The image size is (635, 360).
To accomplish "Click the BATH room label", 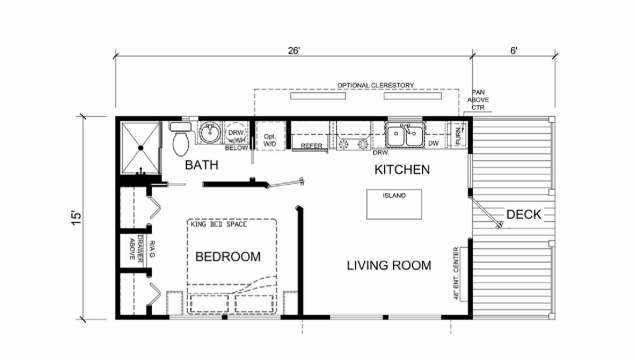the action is pos(202,165).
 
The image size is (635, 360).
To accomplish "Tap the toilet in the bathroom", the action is pos(180,139).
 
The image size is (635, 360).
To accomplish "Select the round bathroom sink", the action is pos(210,132).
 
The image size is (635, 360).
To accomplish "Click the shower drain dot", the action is pos(140,148).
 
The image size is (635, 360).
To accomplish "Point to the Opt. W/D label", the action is pos(269,140).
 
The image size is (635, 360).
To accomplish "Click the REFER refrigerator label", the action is pos(312,146).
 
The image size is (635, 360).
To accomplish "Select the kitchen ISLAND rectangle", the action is pos(394,204).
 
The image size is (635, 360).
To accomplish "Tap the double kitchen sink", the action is pos(404,135).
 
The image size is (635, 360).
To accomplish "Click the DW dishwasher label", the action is pos(433,144).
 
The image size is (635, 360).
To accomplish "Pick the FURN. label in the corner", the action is pos(458,136).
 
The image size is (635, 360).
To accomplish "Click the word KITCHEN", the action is pos(402,170).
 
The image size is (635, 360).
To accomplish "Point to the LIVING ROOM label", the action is pos(389,266).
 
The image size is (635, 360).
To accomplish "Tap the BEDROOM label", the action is pos(228,257).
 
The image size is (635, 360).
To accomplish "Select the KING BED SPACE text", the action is pos(219,224).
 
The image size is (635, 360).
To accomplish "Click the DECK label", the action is pos(524,215).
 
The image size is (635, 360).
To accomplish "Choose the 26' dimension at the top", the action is pos(294,51).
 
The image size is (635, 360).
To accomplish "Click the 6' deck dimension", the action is pos(514,51).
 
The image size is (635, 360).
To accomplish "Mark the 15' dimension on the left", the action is pos(76,217).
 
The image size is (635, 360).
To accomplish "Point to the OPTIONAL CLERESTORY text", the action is pos(376,86).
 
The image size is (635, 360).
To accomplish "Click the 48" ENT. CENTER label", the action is pos(456,273).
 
